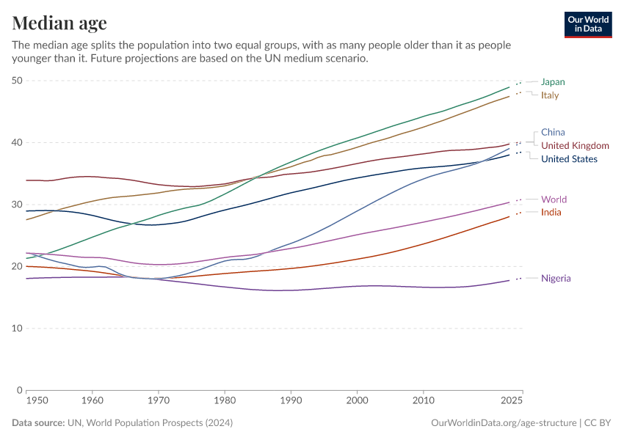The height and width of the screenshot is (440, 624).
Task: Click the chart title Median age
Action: pyautogui.click(x=59, y=23)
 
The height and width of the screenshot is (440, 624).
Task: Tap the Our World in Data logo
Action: pyautogui.click(x=587, y=24)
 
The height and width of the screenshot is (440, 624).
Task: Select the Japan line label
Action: pyautogui.click(x=553, y=82)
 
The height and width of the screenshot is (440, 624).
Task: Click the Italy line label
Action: pyautogui.click(x=550, y=95)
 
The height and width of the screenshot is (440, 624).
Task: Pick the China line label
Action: pyautogui.click(x=553, y=133)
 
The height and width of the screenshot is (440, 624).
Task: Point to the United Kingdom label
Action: pyautogui.click(x=575, y=146)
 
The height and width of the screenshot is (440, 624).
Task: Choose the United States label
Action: pyautogui.click(x=569, y=159)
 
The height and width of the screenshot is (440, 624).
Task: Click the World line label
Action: pyautogui.click(x=554, y=199)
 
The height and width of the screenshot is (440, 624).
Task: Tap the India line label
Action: pyautogui.click(x=551, y=213)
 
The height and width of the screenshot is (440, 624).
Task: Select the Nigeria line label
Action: pyautogui.click(x=556, y=279)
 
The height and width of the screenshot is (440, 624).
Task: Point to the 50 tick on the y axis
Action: pyautogui.click(x=17, y=81)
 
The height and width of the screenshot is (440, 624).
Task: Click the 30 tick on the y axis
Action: pyautogui.click(x=17, y=205)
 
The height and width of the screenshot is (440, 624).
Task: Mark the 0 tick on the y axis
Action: pyautogui.click(x=20, y=390)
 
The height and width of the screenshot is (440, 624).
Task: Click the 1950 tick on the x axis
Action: pyautogui.click(x=26, y=401)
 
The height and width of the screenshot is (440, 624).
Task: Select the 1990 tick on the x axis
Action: pyautogui.click(x=291, y=401)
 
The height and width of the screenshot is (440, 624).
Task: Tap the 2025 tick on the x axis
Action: pyautogui.click(x=511, y=401)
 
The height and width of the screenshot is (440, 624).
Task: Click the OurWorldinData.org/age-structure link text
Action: pyautogui.click(x=503, y=423)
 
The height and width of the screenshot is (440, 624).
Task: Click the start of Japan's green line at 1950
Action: pyautogui.click(x=26, y=258)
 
